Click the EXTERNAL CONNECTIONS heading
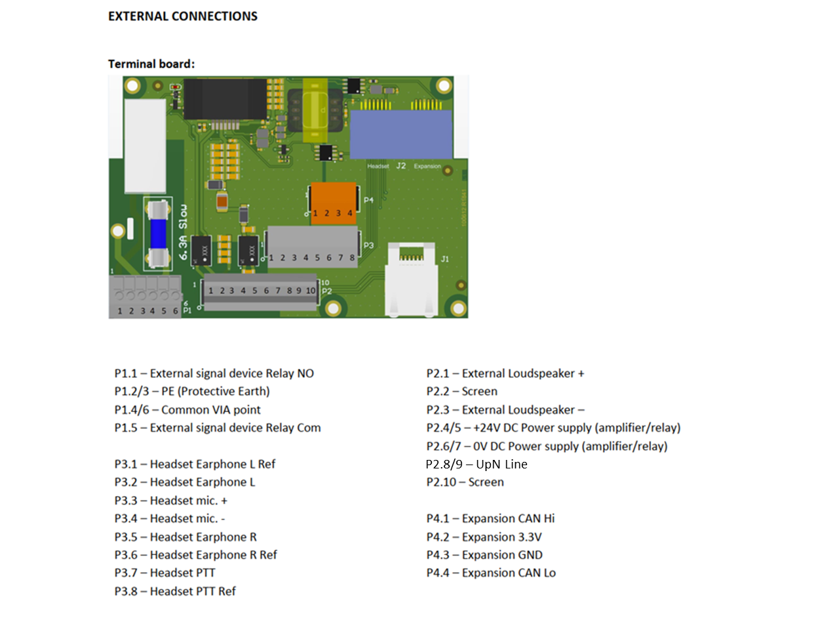[183, 16]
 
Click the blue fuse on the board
[158, 234]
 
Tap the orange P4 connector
[334, 203]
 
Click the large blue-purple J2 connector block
[401, 134]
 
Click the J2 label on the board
[401, 166]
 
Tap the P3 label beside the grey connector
[368, 245]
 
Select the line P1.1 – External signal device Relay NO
[214, 373]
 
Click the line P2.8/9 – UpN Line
[477, 465]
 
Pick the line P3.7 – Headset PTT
[165, 573]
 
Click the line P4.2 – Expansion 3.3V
[484, 537]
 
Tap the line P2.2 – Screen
[461, 392]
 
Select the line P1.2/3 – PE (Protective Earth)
[192, 392]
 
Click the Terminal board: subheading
[151, 64]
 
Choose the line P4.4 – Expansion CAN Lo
[490, 573]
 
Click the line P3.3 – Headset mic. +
[170, 501]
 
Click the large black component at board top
[225, 99]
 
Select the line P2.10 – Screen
[465, 482]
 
